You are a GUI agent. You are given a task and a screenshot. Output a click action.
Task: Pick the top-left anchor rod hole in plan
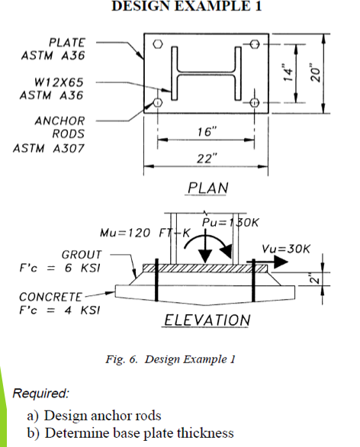tap(158, 44)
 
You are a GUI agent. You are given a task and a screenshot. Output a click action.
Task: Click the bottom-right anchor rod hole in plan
tap(256, 102)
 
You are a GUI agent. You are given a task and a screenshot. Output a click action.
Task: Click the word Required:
tap(41, 394)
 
